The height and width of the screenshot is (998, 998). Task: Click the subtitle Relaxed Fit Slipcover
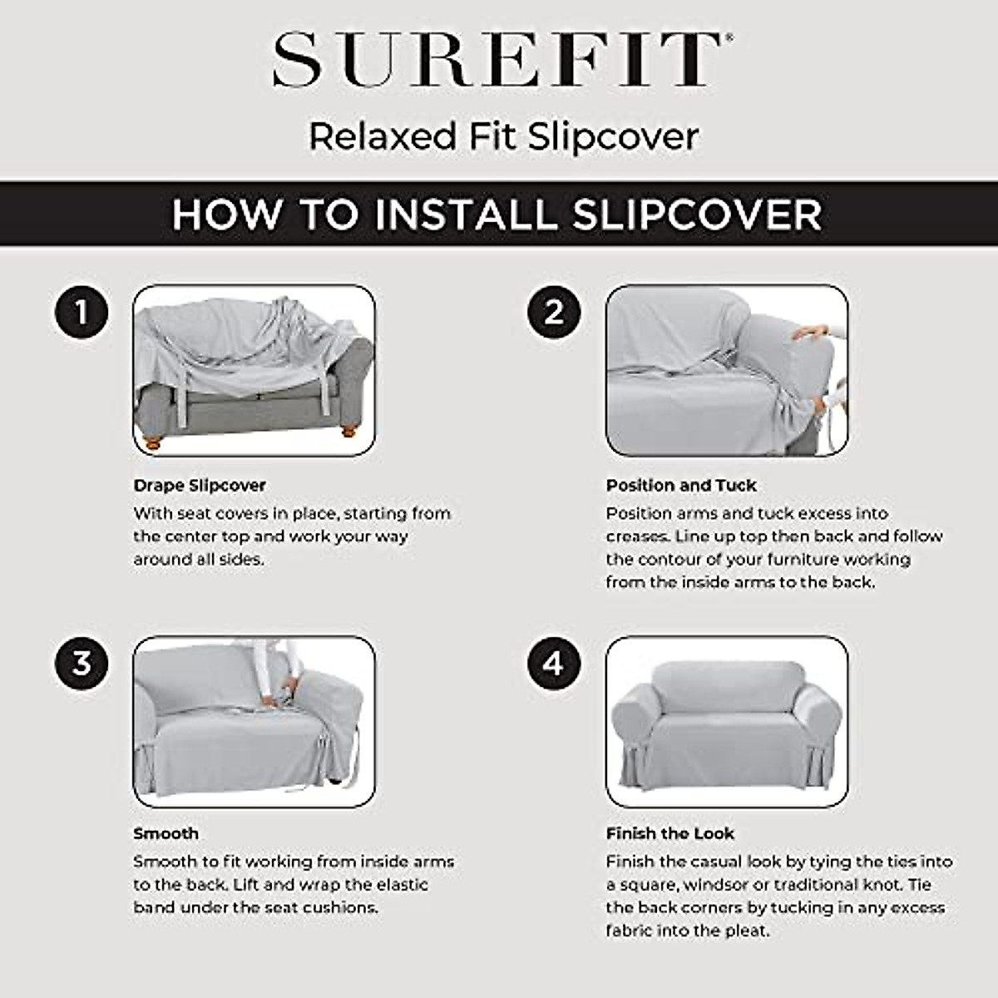coord(503,136)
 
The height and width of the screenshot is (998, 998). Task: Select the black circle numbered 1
coord(82,313)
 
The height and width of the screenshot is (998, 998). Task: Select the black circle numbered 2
coord(554,313)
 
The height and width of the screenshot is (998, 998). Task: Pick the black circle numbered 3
coord(82,663)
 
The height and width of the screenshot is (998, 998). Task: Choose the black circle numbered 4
coord(554,663)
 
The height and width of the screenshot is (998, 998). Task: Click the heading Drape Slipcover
coord(200,485)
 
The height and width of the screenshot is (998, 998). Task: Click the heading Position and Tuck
coord(681,485)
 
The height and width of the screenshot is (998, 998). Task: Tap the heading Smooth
coord(166,833)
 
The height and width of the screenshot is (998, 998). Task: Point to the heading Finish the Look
coord(670,833)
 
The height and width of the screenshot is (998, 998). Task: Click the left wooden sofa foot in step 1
coord(153,442)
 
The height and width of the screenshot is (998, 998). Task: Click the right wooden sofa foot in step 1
coord(348,432)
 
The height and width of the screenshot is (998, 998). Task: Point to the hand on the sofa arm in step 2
coord(810,333)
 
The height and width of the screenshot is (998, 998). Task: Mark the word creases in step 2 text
coord(637,536)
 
